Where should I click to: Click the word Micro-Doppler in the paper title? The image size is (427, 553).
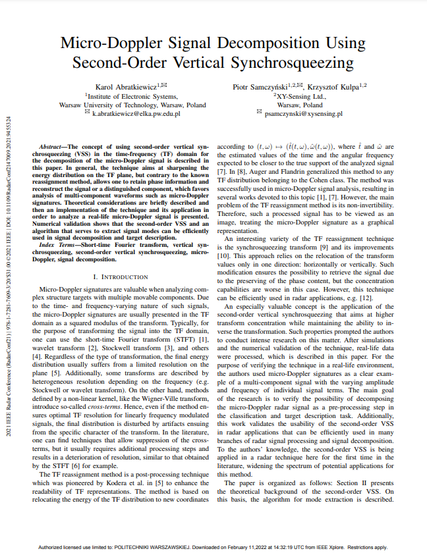click(111, 44)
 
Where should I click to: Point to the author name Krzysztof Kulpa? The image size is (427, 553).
click(336, 86)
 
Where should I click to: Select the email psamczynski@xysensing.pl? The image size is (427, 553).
click(303, 113)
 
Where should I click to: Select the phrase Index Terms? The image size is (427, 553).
click(56, 245)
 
